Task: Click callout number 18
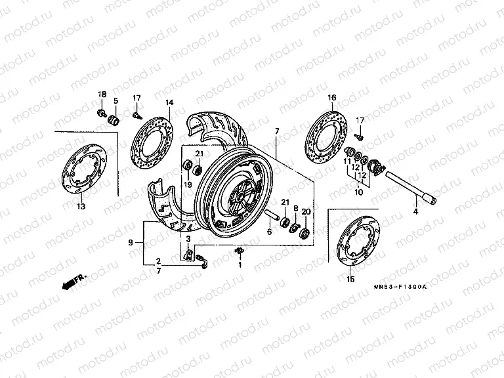(x=102, y=94)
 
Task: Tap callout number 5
(x=115, y=101)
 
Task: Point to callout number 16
(x=332, y=97)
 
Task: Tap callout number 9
(x=130, y=243)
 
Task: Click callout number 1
(x=240, y=265)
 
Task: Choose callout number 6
(x=268, y=232)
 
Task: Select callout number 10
(x=359, y=194)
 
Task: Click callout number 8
(x=295, y=209)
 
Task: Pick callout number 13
(x=81, y=207)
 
